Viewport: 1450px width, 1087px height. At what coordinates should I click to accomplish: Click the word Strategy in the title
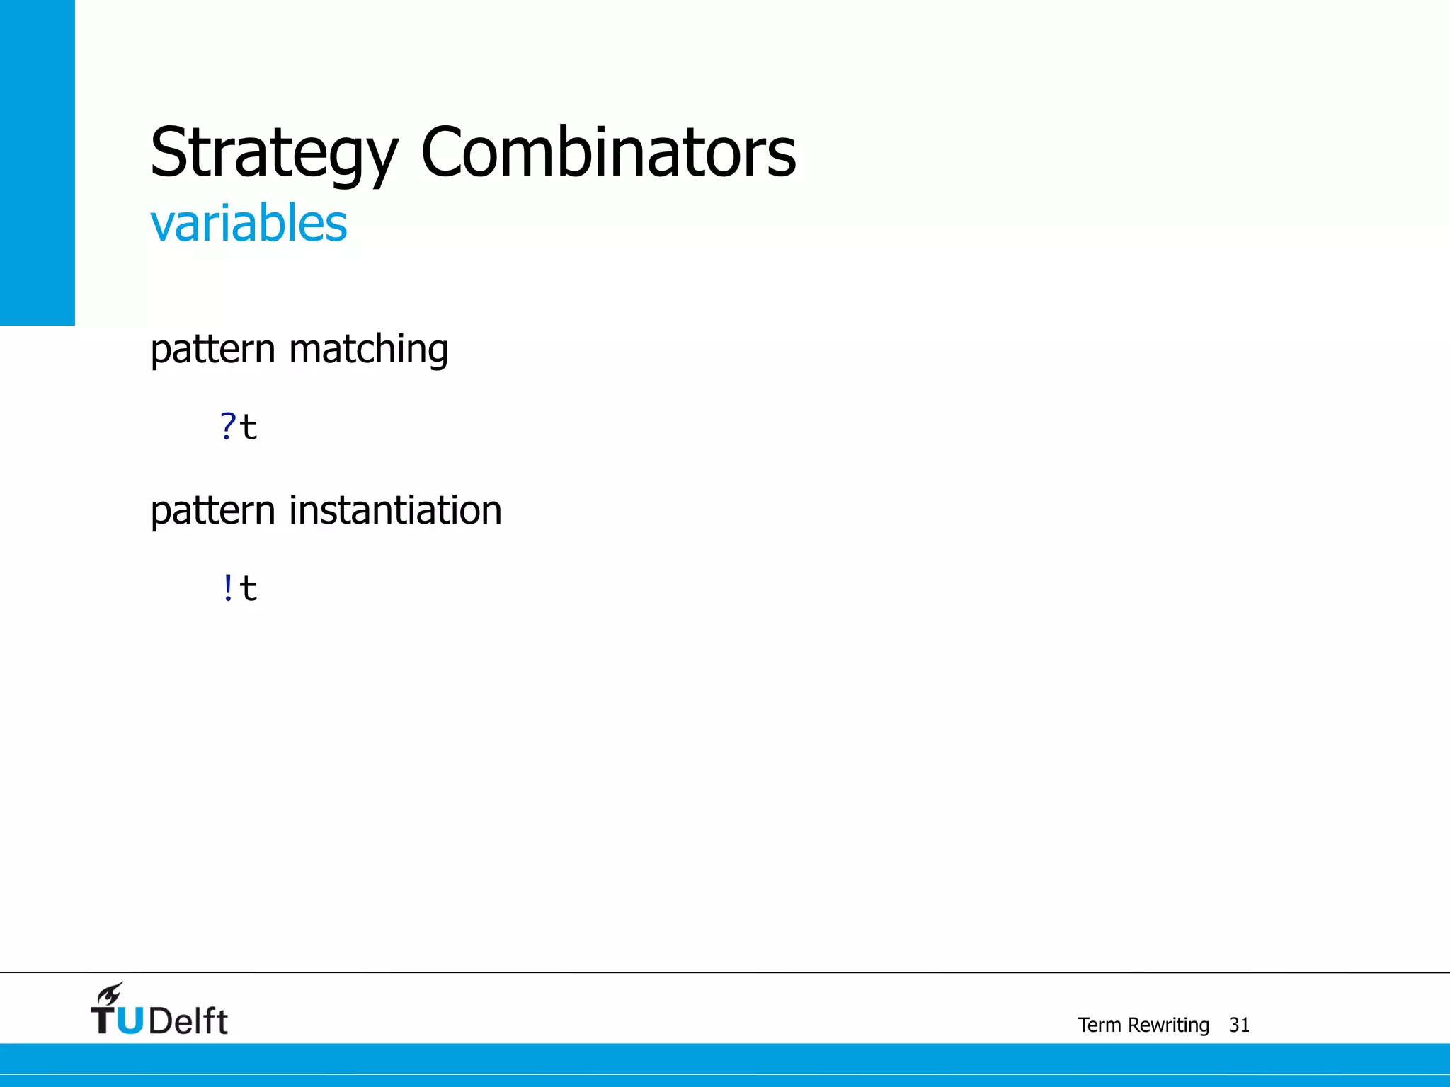point(274,152)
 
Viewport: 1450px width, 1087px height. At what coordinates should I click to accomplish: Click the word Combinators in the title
point(608,152)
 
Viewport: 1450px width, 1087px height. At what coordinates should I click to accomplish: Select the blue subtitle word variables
point(249,223)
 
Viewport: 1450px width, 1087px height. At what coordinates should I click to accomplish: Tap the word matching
point(368,350)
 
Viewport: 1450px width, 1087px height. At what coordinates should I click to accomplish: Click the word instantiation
point(395,510)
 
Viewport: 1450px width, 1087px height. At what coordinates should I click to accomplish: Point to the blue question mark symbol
point(227,427)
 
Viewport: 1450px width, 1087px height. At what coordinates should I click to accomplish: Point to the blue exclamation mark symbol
point(227,588)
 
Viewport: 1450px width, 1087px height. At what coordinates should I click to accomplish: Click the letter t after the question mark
point(249,427)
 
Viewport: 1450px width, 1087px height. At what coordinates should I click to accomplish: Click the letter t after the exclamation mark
point(249,589)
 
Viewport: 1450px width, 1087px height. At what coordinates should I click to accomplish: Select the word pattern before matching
point(212,350)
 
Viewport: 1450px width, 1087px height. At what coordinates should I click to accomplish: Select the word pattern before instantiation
point(212,510)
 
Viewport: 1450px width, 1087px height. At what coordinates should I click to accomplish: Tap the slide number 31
point(1239,1025)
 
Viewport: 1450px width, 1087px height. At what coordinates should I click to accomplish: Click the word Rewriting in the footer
point(1168,1025)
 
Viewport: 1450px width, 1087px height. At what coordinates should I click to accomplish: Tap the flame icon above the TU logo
point(110,994)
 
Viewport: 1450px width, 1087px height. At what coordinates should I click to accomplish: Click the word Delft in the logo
point(188,1021)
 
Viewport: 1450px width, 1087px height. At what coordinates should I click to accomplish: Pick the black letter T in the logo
point(104,1021)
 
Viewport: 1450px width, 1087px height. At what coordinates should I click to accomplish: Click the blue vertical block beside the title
point(37,163)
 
